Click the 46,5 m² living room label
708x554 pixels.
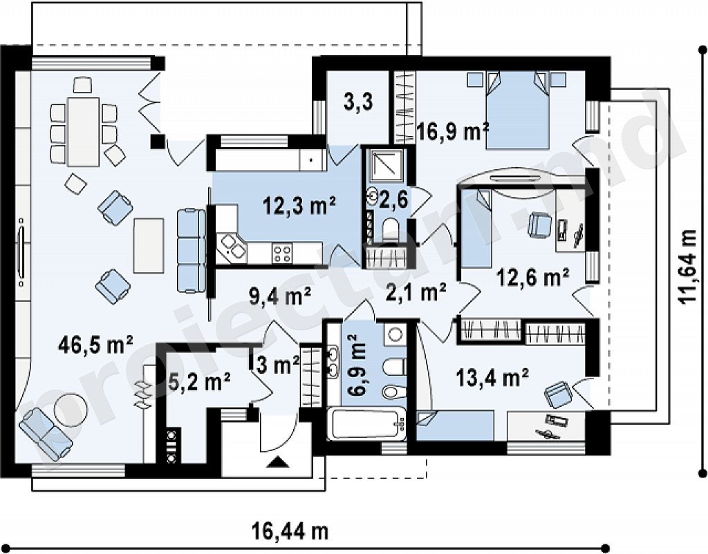95,345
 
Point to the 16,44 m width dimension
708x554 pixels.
290,532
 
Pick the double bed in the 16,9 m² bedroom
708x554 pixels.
517,109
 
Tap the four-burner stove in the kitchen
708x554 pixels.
282,253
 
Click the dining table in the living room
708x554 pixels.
83,132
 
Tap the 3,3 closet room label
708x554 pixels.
358,102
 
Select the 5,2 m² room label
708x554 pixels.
199,382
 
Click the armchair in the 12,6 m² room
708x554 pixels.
540,224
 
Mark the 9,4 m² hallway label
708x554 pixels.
280,296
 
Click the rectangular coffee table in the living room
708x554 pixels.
149,245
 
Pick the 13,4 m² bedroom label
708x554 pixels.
492,376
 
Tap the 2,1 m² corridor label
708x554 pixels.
416,292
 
